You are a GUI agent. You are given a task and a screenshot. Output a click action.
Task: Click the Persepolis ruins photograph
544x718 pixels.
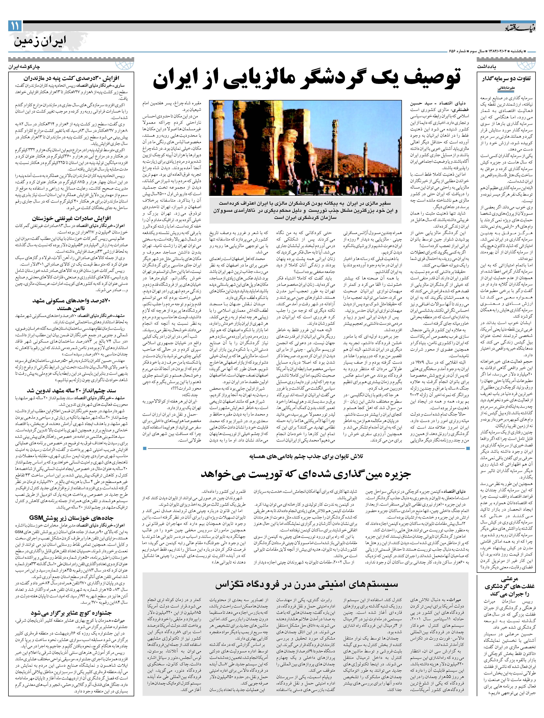(305, 148)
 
